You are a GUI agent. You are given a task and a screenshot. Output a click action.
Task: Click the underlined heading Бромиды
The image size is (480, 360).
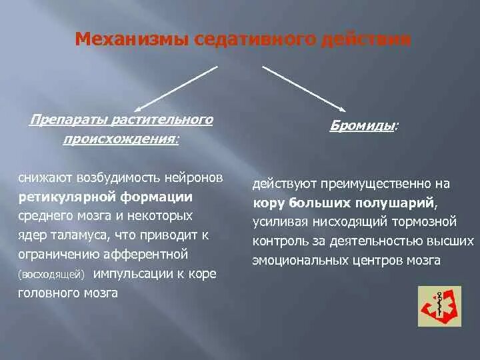[361, 125]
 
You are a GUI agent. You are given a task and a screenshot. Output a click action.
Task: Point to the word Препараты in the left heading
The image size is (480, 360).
[61, 120]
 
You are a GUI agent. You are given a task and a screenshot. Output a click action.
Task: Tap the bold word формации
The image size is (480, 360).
[157, 197]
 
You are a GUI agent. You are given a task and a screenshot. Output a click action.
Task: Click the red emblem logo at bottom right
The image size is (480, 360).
[439, 306]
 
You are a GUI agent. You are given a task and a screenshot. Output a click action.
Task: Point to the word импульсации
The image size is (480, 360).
[131, 274]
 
